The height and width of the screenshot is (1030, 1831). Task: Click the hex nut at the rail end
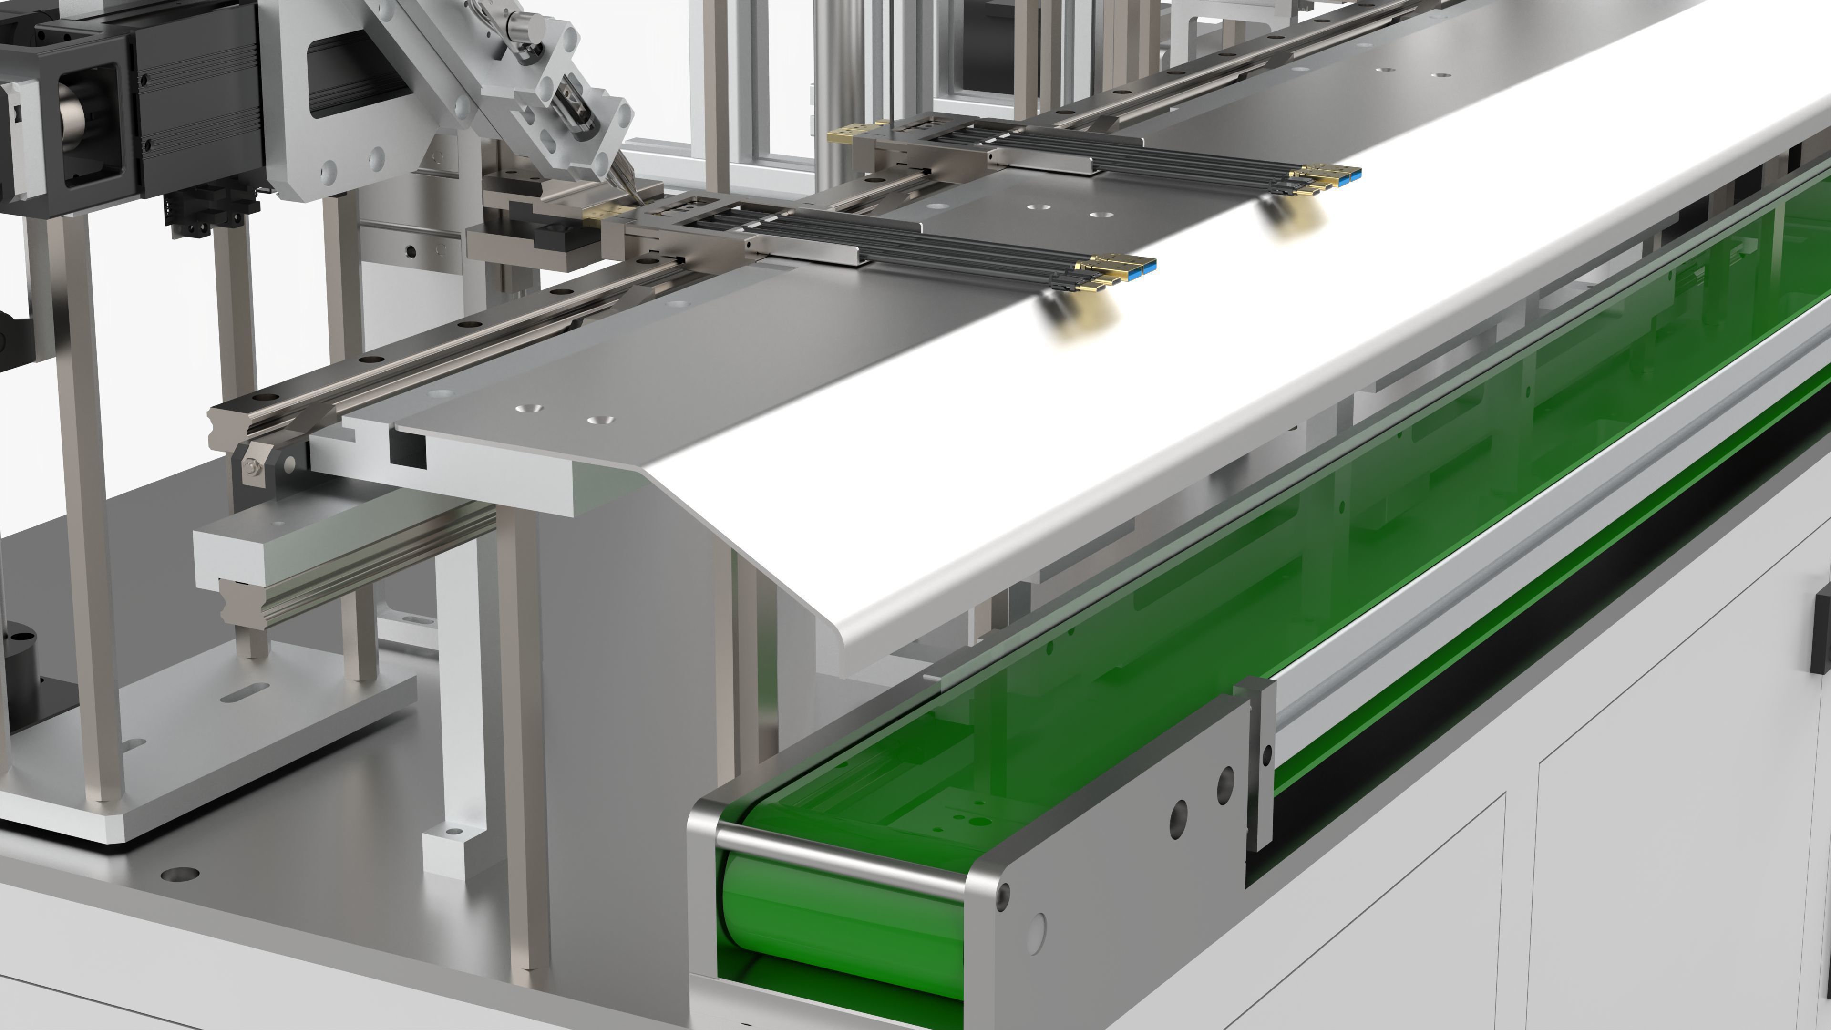click(x=252, y=467)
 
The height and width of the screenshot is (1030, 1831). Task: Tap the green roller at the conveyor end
click(x=839, y=917)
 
